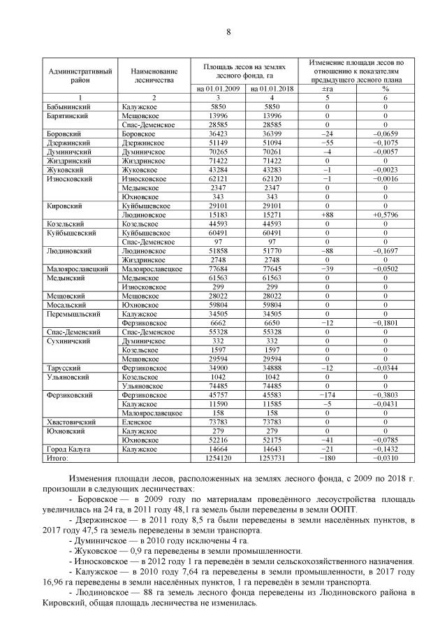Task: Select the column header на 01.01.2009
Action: coord(218,89)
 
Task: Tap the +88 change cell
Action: coord(327,215)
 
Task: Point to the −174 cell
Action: coord(327,396)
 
